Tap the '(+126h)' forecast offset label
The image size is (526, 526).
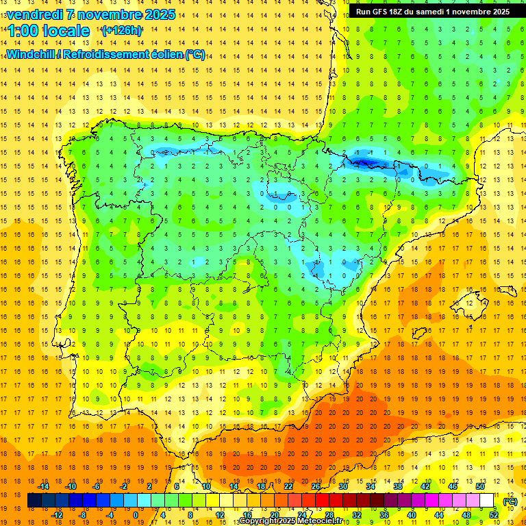coord(121,31)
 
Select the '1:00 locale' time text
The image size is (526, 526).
coord(48,31)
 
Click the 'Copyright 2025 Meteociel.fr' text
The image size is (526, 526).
coord(291,521)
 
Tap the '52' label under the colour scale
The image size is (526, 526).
coord(494,515)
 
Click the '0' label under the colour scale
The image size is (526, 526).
coord(135,515)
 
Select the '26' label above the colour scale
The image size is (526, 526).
coord(316,486)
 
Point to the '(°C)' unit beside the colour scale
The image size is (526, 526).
coord(510,501)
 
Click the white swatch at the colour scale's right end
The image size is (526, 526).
coord(486,501)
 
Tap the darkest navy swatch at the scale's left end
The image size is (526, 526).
coord(34,501)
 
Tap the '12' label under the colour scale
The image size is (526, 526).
coord(219,515)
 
